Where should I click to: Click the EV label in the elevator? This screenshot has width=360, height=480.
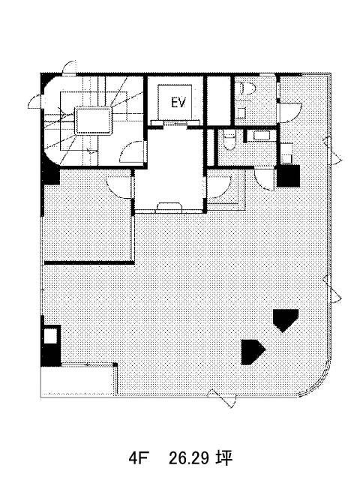[178, 103]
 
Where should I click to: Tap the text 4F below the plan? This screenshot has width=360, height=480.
[138, 458]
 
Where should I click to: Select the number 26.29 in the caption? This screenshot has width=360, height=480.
[189, 458]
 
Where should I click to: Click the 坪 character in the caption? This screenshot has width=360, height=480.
[225, 458]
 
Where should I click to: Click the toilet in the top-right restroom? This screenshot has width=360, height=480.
[247, 88]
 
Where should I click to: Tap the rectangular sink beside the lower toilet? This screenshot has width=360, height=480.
[261, 136]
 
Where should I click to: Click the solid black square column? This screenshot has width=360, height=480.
[288, 175]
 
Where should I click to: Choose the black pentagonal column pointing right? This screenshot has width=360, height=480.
[252, 352]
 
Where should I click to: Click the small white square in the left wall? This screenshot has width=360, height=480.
[50, 337]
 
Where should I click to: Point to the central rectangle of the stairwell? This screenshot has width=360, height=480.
[93, 121]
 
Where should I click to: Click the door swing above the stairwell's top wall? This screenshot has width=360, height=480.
[69, 67]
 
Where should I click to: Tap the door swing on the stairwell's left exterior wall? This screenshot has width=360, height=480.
[34, 102]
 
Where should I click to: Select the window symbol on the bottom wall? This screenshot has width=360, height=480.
[222, 397]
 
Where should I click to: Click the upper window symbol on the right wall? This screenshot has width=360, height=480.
[333, 151]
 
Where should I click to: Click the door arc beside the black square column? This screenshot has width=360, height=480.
[263, 180]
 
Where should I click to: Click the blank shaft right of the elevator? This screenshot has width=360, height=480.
[218, 100]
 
